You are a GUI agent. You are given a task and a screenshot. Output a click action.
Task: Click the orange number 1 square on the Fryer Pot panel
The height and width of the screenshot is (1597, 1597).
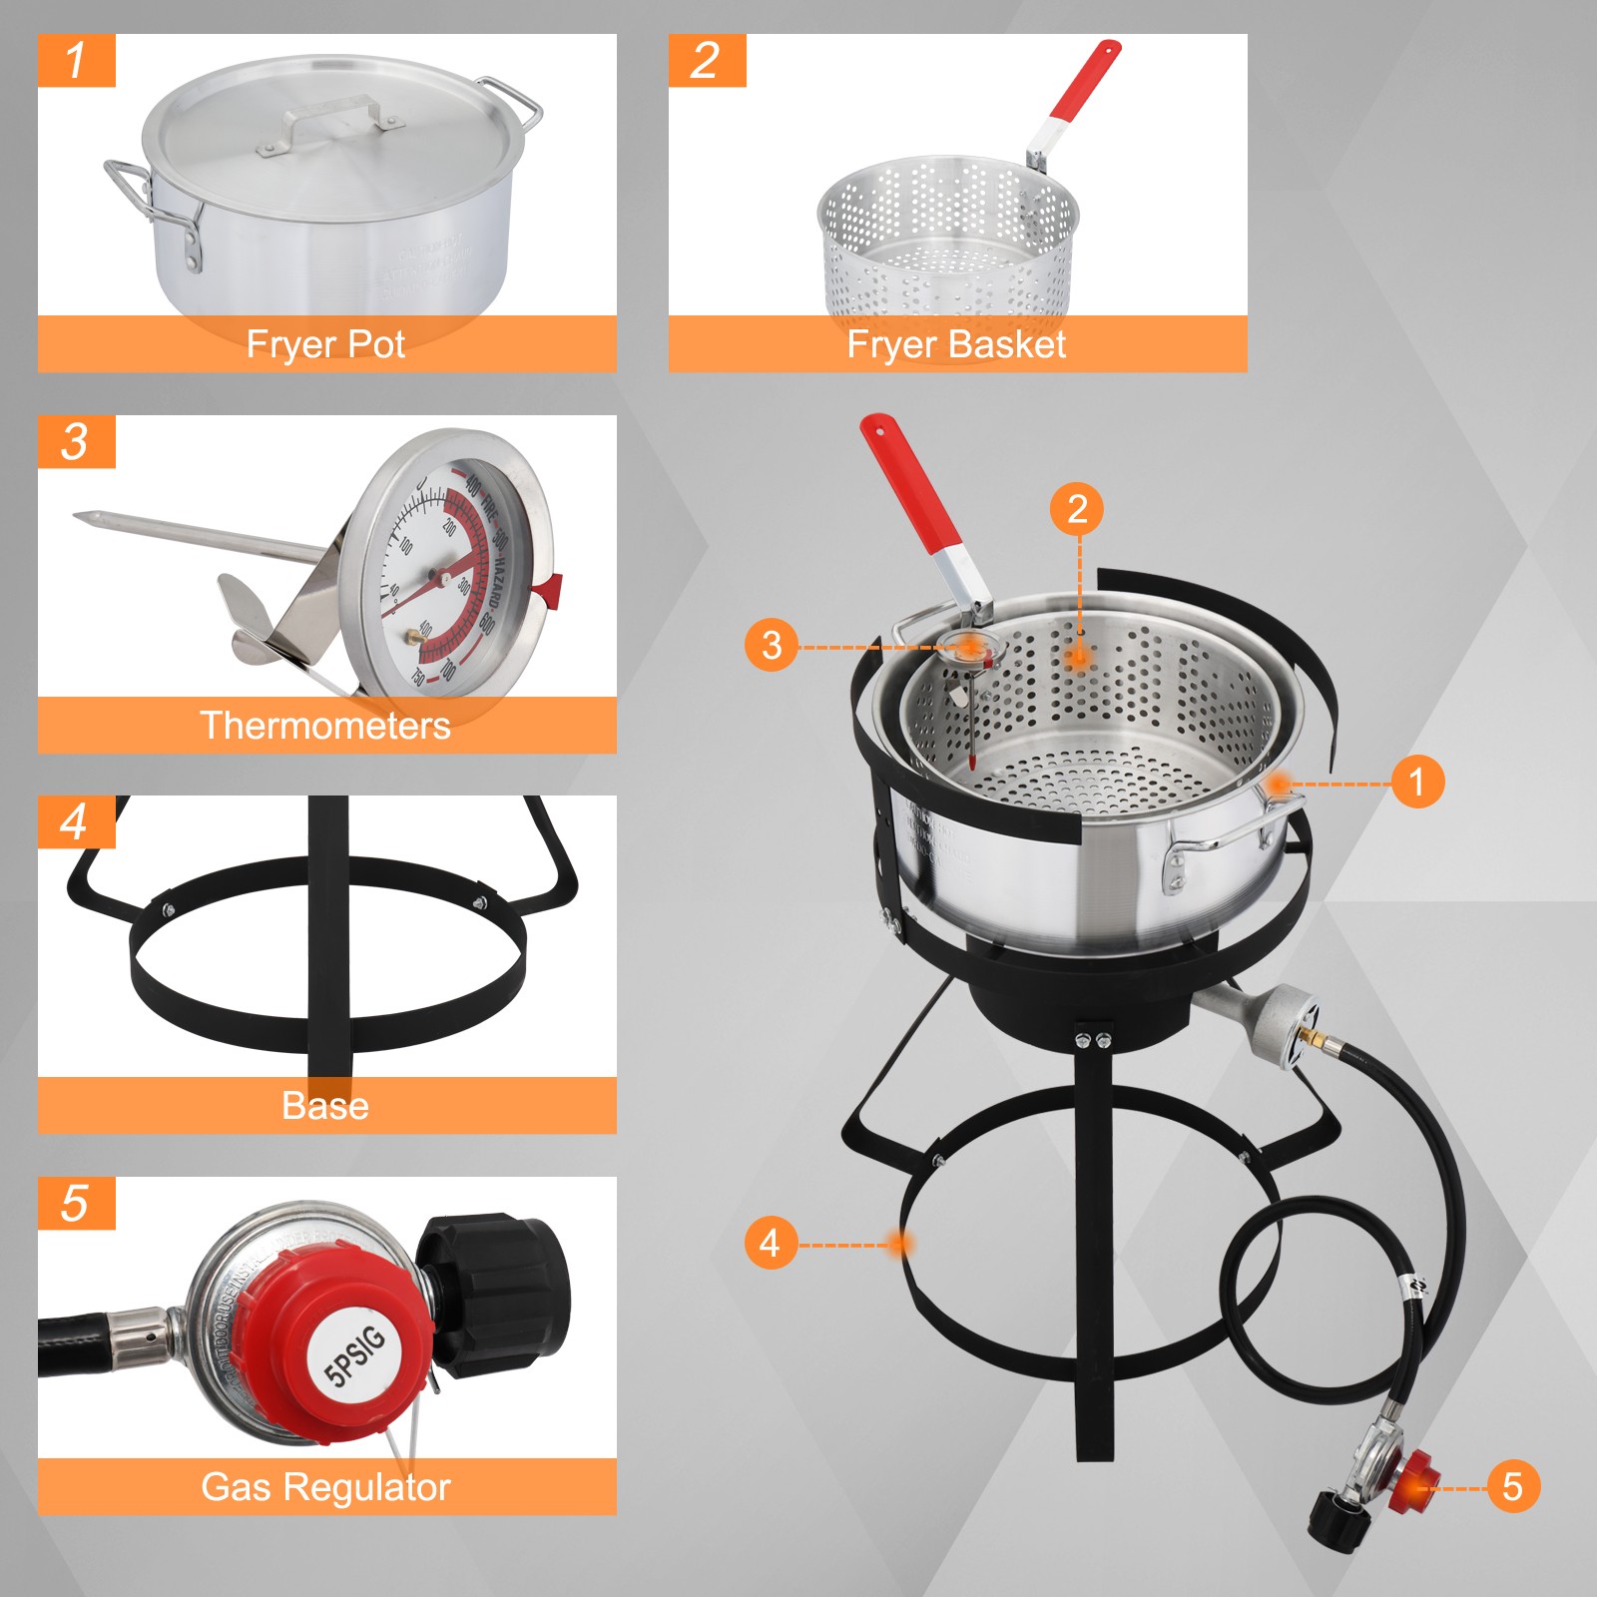click(x=76, y=61)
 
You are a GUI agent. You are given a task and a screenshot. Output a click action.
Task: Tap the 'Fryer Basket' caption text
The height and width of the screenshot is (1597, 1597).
click(x=955, y=344)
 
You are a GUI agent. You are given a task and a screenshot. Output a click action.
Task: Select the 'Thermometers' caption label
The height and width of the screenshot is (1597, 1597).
click(x=325, y=726)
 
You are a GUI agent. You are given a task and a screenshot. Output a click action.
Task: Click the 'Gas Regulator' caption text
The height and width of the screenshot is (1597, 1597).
click(x=325, y=1487)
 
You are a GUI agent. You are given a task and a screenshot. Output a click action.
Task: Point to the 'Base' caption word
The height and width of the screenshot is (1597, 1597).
click(x=325, y=1106)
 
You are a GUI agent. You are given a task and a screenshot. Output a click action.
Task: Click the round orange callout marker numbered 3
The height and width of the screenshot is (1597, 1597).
click(x=771, y=645)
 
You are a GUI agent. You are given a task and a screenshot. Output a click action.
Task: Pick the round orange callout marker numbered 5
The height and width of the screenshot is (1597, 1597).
click(x=1512, y=1486)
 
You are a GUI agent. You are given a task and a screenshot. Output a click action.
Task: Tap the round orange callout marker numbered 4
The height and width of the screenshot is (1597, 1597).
click(x=770, y=1244)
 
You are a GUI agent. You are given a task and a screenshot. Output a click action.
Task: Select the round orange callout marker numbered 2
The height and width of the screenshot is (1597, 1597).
click(x=1076, y=509)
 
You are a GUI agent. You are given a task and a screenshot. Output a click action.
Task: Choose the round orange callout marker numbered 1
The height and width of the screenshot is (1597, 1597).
click(x=1416, y=782)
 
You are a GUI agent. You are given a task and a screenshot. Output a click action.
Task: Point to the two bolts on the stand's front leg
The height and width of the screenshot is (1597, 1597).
click(x=1093, y=1041)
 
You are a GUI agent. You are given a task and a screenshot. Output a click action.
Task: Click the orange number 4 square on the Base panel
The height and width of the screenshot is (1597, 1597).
click(x=76, y=822)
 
